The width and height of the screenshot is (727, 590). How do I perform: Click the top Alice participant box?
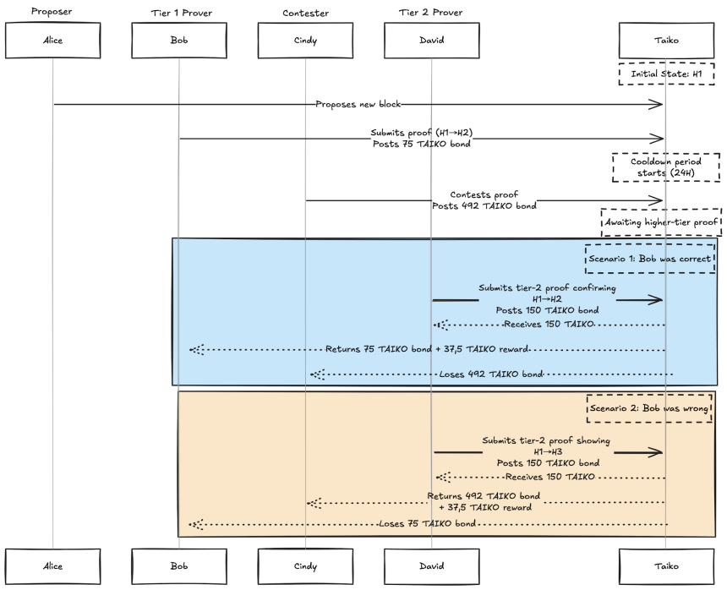[53, 41]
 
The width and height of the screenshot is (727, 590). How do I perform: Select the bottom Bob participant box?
[179, 566]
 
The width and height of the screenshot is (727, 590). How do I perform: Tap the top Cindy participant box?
[305, 41]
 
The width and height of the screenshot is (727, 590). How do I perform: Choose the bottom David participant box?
[432, 566]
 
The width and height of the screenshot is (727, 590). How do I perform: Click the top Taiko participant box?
[666, 41]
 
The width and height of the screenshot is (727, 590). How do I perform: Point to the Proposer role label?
[52, 11]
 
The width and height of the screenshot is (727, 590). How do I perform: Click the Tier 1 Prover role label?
[181, 13]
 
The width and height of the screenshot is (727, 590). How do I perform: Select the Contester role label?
[305, 13]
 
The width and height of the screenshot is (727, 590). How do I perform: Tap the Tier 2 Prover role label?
[431, 13]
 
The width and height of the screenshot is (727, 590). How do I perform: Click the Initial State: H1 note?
[666, 74]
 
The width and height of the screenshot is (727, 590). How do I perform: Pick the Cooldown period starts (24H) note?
[666, 167]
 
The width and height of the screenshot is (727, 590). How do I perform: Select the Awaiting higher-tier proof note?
[661, 222]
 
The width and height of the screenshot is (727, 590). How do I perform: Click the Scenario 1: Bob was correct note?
[650, 259]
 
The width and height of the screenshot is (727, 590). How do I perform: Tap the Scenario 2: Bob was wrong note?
[649, 408]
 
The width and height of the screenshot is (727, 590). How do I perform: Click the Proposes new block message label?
[358, 104]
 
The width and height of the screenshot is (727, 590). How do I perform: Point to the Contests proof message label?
[484, 194]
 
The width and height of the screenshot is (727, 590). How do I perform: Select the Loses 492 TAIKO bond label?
[491, 374]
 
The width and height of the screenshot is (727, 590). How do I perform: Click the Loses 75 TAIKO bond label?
[427, 524]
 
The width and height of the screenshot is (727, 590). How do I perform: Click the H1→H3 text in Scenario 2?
[548, 452]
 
